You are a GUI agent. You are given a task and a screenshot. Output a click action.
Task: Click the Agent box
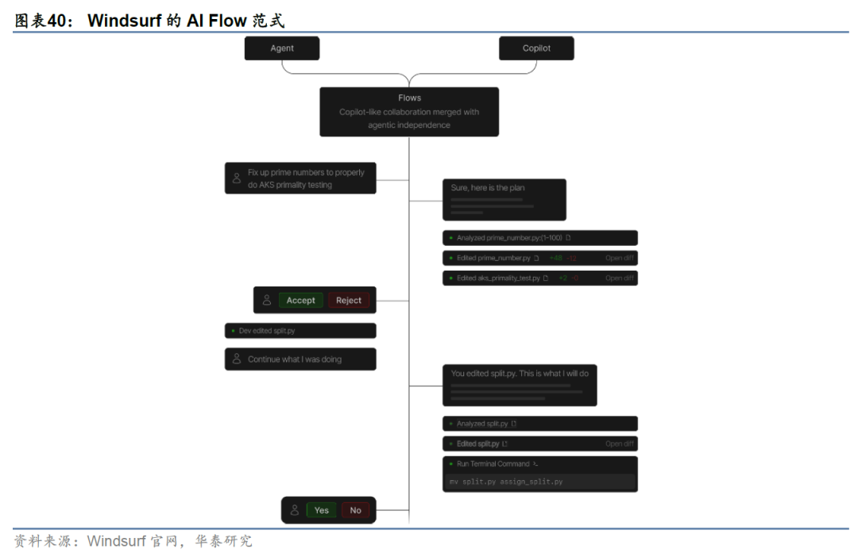coord(282,48)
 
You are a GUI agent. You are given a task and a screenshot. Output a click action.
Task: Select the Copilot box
coord(536,48)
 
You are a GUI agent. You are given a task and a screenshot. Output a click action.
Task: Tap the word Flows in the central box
coord(409,98)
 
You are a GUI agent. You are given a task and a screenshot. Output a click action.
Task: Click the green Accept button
coord(300,301)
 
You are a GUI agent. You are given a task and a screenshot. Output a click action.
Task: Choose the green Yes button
coord(321,510)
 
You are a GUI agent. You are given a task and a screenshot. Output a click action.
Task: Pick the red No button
coord(355,510)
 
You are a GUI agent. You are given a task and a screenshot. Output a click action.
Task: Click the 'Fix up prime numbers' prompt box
coord(300,179)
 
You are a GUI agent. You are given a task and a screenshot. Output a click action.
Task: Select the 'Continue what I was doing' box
coord(300,359)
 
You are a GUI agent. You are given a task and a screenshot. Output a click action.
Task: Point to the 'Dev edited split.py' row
coord(300,331)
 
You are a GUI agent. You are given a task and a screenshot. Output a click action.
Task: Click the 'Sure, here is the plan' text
coord(488,188)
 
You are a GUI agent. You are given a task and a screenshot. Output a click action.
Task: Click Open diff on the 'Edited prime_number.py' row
coord(620,258)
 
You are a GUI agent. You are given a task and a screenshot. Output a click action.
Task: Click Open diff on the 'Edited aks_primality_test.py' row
coord(620,278)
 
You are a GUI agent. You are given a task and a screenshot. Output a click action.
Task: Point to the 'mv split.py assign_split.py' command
coord(506,482)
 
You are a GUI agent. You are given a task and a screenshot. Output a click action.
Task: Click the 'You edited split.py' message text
coord(520,373)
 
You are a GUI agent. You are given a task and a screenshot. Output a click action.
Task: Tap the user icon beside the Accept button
coord(267,301)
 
